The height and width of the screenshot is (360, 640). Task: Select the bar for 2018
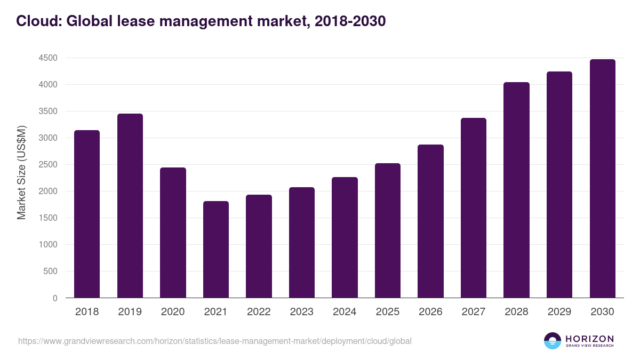coord(87,214)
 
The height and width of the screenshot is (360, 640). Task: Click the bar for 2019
coord(130,206)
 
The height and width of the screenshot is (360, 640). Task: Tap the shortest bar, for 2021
coord(215,250)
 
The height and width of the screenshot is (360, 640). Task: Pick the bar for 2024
coord(345,237)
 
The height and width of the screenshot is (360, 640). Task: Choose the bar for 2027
coord(473,208)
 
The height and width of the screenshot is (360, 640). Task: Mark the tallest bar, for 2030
coord(602,179)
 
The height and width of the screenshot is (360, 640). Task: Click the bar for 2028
coord(516,190)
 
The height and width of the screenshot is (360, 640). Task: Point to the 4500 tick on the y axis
coord(48,58)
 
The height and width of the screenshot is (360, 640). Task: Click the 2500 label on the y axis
coord(48,165)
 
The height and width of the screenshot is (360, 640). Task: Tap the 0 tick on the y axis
coord(54,298)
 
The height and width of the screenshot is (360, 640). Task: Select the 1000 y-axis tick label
coord(48,245)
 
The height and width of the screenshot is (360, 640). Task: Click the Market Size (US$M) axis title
coord(21,172)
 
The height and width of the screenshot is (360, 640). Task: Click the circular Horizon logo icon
coord(553,341)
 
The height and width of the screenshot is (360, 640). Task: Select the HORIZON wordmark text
coord(589,339)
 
